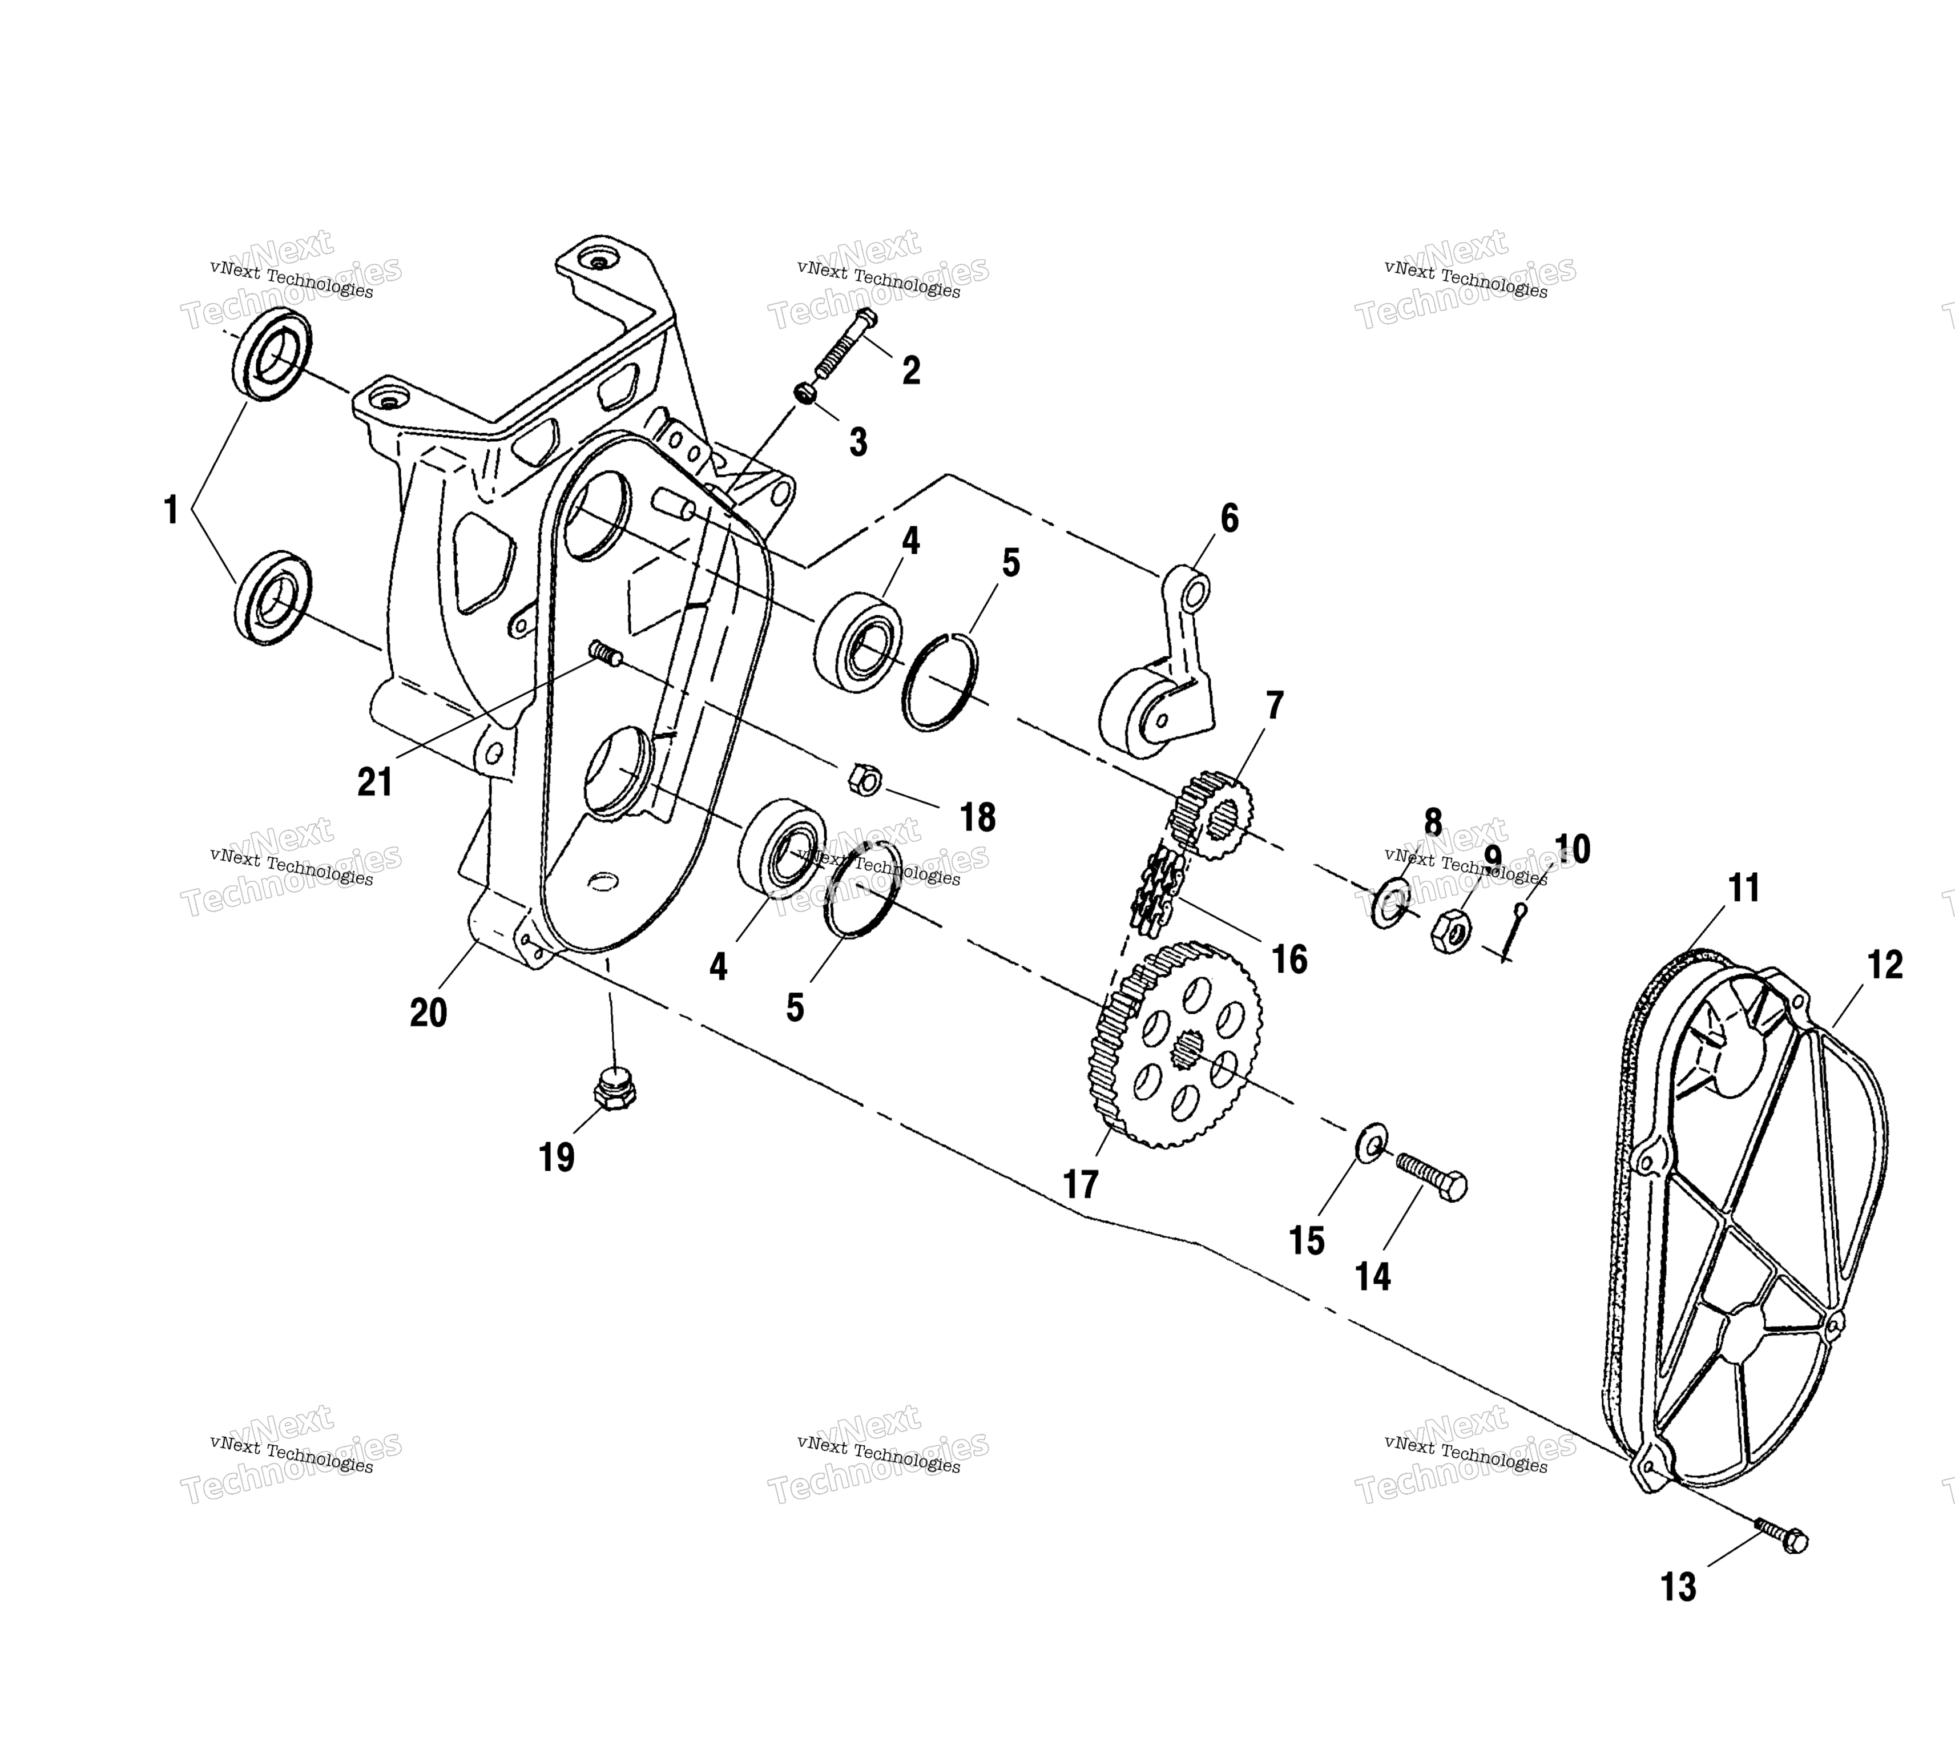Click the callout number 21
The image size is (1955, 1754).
click(x=375, y=781)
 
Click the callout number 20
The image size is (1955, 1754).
click(x=429, y=1013)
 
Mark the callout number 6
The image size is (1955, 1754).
click(x=1230, y=518)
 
